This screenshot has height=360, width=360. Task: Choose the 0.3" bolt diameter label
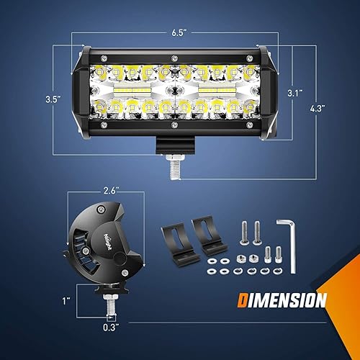[110, 328]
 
